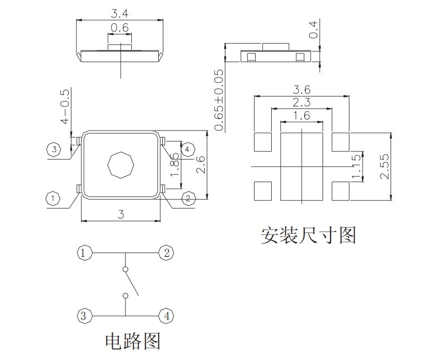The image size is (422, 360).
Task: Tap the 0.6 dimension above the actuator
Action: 120,28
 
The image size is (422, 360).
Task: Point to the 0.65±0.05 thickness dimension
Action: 219,100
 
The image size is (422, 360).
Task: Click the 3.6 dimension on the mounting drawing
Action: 302,90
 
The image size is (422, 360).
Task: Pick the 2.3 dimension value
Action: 302,102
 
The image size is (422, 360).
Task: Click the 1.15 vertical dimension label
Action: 356,168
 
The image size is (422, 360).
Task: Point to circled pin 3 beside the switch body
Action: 53,149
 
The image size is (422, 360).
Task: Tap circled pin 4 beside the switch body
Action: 187,149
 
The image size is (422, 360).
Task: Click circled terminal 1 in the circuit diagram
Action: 84,253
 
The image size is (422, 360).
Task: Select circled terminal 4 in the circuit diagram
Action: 166,316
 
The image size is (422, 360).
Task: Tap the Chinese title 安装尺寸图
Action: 308,234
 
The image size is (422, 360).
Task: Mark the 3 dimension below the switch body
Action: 120,214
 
